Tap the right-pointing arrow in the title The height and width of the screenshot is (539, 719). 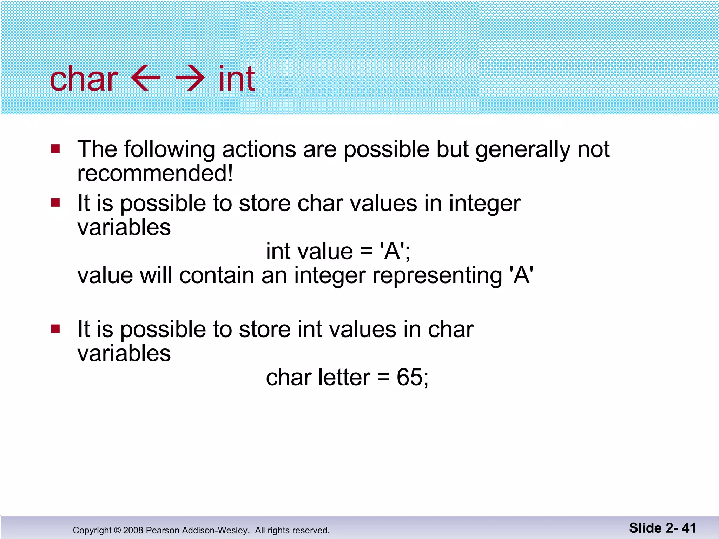(x=190, y=78)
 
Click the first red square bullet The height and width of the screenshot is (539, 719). (x=55, y=149)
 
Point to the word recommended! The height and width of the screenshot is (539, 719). (x=155, y=173)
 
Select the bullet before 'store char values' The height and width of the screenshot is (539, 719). (x=55, y=203)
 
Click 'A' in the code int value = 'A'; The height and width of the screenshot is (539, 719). (x=392, y=251)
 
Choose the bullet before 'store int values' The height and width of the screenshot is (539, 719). (x=55, y=329)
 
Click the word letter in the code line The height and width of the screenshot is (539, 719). (x=344, y=378)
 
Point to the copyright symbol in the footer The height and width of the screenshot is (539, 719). (x=117, y=530)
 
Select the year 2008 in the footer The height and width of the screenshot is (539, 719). (x=133, y=530)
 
